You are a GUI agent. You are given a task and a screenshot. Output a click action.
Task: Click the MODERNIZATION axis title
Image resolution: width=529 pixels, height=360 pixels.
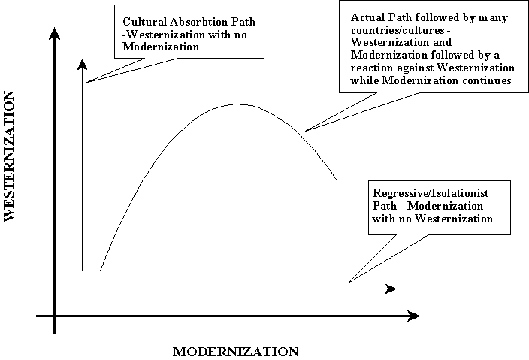tap(236, 351)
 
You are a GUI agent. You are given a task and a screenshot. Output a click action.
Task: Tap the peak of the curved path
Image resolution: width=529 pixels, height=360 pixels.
tap(237, 104)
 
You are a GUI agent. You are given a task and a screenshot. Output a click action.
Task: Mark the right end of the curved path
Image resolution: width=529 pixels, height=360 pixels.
tap(337, 181)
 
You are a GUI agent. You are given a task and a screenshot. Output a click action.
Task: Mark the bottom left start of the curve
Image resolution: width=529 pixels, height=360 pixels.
tap(100, 271)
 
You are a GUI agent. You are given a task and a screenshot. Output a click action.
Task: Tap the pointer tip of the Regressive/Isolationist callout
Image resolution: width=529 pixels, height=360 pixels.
tap(348, 283)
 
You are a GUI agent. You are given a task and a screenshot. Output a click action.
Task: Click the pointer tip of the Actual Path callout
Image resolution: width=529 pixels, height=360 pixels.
tap(306, 130)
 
